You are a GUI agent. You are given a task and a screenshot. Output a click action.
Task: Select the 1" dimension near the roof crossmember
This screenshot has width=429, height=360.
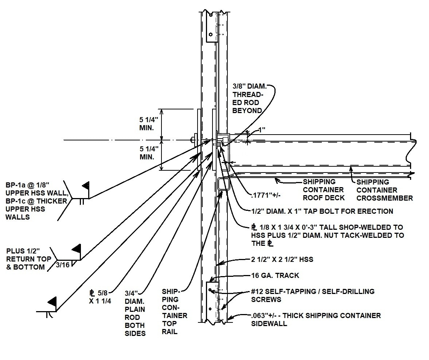(x=261, y=129)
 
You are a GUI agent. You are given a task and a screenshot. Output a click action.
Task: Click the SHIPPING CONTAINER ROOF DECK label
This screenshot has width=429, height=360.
(x=323, y=190)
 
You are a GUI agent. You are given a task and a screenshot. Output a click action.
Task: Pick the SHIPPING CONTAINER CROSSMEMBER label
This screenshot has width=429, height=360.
(x=384, y=190)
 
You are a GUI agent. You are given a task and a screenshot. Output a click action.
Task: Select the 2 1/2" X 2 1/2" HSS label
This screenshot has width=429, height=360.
(x=282, y=260)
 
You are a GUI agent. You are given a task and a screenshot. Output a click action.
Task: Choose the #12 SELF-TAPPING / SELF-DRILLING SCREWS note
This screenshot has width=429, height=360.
(x=313, y=295)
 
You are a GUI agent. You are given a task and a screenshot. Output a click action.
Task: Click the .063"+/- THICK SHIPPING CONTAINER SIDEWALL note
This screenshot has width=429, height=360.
(x=316, y=319)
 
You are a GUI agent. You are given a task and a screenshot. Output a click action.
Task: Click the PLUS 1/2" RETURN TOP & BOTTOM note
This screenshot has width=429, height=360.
(x=27, y=259)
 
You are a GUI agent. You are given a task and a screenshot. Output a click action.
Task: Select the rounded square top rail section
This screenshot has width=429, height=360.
(x=223, y=184)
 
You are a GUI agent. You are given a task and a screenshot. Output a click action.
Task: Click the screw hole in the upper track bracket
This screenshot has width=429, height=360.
(x=210, y=35)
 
